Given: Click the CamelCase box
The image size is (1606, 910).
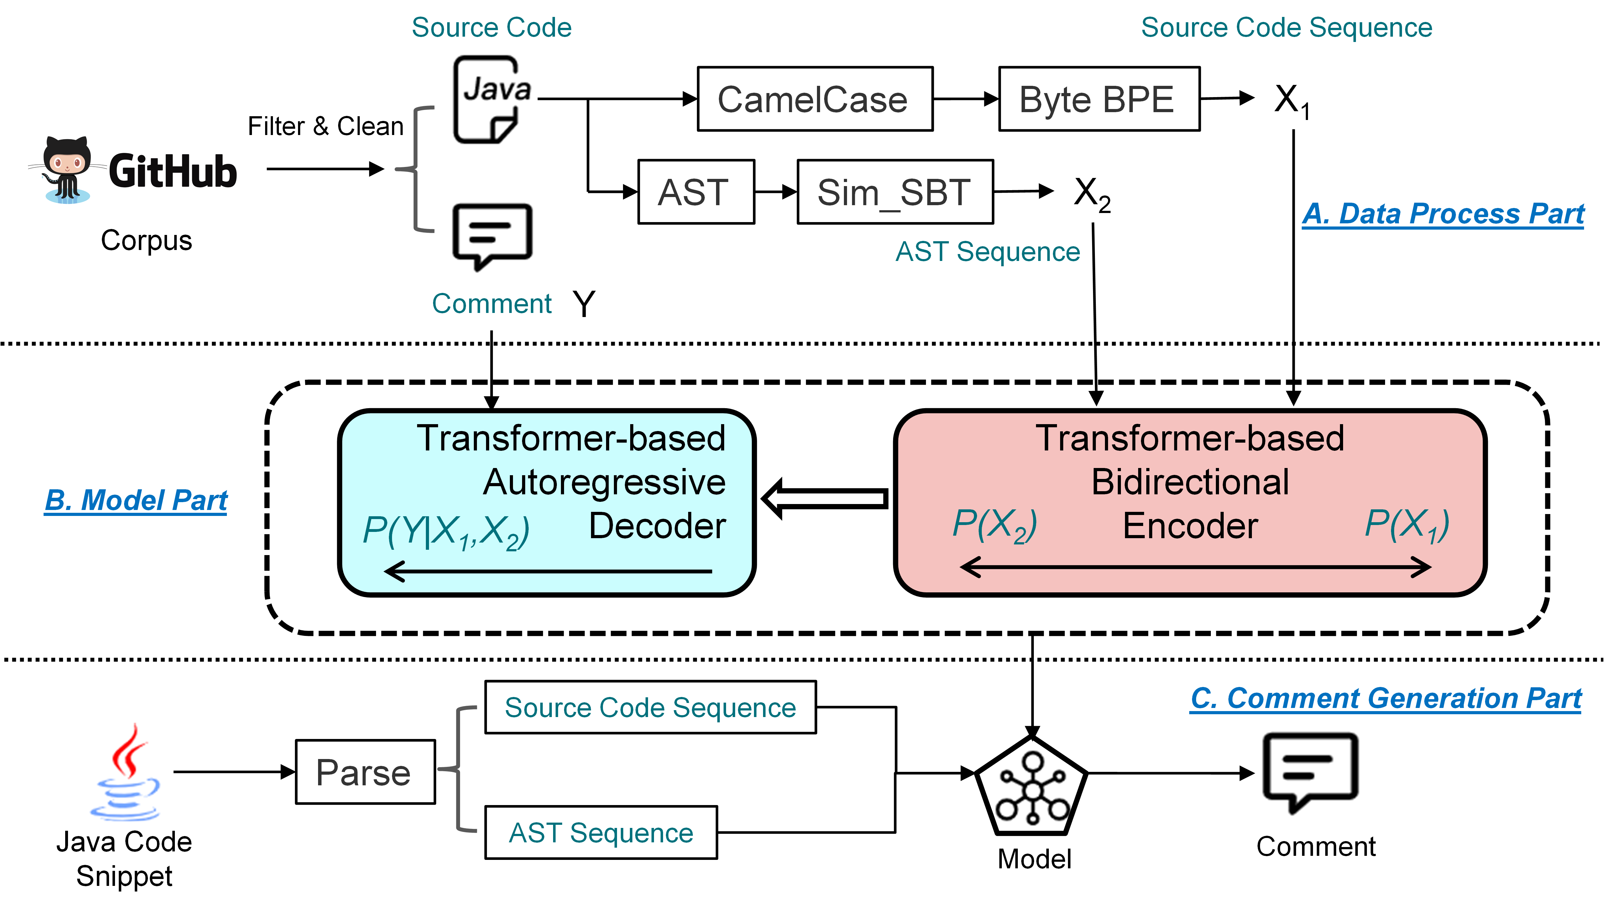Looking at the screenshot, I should pos(814,99).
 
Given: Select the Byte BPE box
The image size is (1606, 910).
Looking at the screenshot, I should pos(1098,99).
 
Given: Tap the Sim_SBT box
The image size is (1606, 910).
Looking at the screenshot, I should pos(895,192).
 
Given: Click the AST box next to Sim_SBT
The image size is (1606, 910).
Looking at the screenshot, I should pos(695,192).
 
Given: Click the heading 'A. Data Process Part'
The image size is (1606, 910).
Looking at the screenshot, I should pos(1443,214).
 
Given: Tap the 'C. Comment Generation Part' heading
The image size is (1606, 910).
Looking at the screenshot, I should pos(1385,698).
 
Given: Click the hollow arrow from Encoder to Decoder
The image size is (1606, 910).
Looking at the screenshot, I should pos(825,498).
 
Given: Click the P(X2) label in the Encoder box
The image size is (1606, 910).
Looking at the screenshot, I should pos(994,524).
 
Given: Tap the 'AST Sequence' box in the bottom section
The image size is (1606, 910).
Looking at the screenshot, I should pos(601,833).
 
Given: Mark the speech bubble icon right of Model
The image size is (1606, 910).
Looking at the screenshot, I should pos(1310,772).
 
